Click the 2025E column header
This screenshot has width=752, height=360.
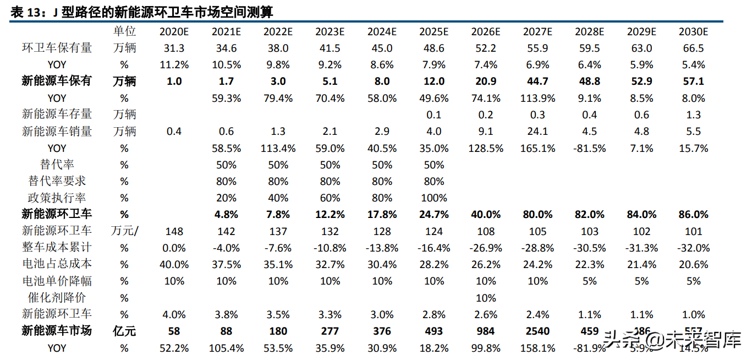(434, 31)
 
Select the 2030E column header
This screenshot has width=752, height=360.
(693, 31)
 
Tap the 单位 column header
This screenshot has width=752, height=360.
(124, 31)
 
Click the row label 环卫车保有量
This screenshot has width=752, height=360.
(57, 48)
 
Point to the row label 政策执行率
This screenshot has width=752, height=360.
(57, 198)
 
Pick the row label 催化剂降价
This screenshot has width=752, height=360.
(57, 298)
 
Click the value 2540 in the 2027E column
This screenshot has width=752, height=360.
(537, 331)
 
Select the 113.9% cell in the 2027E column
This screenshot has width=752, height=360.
(537, 99)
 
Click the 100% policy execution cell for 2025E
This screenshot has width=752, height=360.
(434, 198)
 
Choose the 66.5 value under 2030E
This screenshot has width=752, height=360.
(693, 48)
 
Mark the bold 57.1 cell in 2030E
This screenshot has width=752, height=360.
(693, 81)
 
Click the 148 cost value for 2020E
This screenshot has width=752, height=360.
(174, 231)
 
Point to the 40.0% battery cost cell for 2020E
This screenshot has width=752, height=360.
(174, 265)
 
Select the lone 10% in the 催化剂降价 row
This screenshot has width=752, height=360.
(486, 298)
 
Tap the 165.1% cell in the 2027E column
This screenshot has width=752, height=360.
(537, 148)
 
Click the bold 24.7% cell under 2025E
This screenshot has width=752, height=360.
(434, 215)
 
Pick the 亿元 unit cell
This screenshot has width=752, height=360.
(124, 331)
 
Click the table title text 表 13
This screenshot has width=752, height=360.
(25, 12)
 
